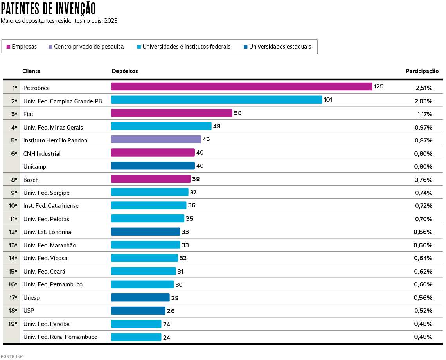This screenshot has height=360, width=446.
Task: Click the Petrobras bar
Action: pos(241,86)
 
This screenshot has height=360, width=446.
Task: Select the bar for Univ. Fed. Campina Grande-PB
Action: pos(216,100)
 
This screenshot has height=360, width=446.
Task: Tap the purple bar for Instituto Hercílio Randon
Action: pos(156,139)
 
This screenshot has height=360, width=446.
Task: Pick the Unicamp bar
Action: pos(153,166)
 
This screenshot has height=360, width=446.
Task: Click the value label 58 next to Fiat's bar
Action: pos(238,113)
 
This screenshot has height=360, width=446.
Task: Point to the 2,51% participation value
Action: pos(424,88)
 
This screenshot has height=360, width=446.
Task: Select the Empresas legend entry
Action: pos(22,47)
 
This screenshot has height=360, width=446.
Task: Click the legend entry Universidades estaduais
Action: pos(277,47)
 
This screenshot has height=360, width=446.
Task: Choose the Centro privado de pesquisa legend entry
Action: pos(86,47)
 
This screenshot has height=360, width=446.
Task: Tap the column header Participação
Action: pos(422,71)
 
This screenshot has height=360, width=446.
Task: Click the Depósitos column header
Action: pos(124,71)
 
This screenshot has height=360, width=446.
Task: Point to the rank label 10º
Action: pos(13,206)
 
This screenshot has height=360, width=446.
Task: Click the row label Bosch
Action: pos(31,180)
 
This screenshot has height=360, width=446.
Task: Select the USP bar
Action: pos(138,311)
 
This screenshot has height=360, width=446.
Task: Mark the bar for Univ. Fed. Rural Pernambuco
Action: pos(136,337)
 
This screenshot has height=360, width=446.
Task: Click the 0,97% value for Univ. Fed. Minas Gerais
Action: pos(424,128)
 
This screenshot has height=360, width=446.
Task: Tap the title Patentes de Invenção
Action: pos(49,8)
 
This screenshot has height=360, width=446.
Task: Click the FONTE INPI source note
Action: pos(12,356)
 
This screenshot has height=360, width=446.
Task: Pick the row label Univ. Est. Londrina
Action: pos(47,232)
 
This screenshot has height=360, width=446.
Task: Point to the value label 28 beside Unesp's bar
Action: pos(175,298)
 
